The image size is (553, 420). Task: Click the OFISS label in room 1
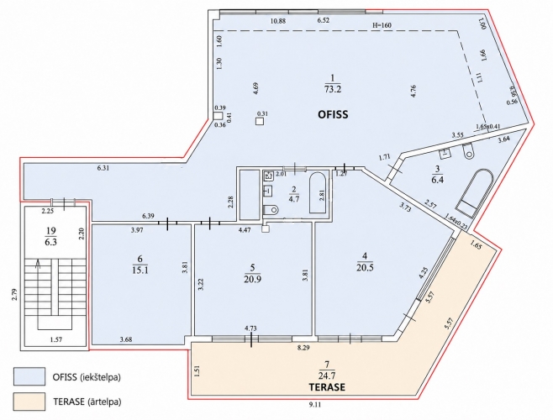point(333,114)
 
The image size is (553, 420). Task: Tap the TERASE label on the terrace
point(327,387)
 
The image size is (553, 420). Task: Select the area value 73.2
point(333,89)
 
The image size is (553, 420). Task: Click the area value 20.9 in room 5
point(252,279)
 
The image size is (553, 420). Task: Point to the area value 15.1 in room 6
point(140,270)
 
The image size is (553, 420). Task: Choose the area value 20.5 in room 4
point(365,267)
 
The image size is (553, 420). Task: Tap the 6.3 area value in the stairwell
point(50,243)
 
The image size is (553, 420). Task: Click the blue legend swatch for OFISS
point(29,376)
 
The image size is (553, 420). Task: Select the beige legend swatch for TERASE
point(29,402)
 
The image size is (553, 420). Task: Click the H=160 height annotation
point(382,25)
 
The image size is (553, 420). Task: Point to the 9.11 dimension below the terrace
point(315,405)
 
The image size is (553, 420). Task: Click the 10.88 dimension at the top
point(278,21)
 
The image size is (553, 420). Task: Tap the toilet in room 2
point(271,210)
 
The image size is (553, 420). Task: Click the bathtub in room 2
point(319,192)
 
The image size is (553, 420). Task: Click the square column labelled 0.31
point(260,121)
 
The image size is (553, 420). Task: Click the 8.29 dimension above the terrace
point(303,348)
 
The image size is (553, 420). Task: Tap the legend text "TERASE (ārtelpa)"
point(87,402)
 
